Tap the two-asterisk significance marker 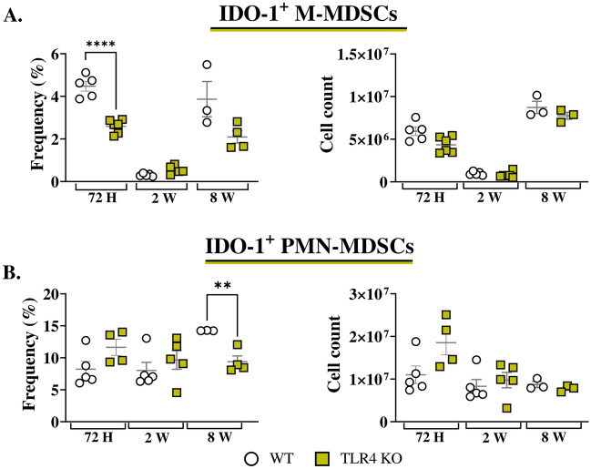224,285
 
